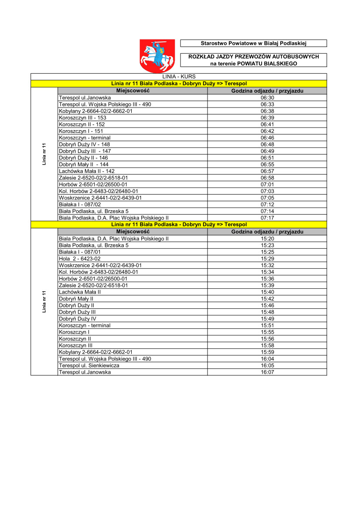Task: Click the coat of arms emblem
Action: pyautogui.click(x=157, y=55)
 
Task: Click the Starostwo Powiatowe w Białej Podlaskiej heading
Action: pyautogui.click(x=253, y=43)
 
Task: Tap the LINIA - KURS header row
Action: pyautogui.click(x=179, y=77)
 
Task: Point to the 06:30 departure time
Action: pyautogui.click(x=267, y=98)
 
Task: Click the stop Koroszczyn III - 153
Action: pyautogui.click(x=82, y=118)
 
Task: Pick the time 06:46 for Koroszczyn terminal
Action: pyautogui.click(x=267, y=138)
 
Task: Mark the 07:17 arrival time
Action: pyautogui.click(x=267, y=218)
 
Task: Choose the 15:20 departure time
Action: pyautogui.click(x=267, y=239)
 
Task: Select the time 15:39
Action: pyautogui.click(x=267, y=285)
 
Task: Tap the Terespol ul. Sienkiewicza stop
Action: pyautogui.click(x=89, y=365)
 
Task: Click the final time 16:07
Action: pyautogui.click(x=267, y=372)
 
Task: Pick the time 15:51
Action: pyautogui.click(x=267, y=325)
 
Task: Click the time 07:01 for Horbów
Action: pyautogui.click(x=267, y=184)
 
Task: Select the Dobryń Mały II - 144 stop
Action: pyautogui.click(x=84, y=165)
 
